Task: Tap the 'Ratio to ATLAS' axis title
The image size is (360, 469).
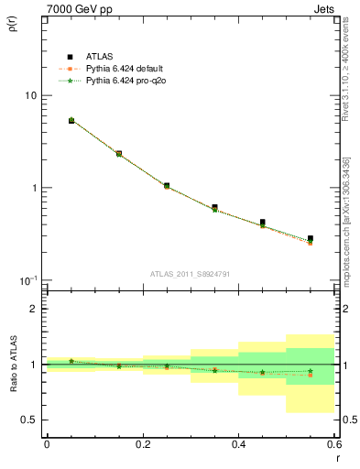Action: pyautogui.click(x=12, y=364)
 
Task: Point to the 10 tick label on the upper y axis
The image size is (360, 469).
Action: pyautogui.click(x=30, y=96)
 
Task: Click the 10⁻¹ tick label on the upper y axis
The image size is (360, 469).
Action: pyautogui.click(x=27, y=279)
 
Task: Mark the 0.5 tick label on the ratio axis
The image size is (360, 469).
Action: pyautogui.click(x=29, y=420)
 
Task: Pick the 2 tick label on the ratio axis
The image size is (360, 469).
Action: pyautogui.click(x=34, y=309)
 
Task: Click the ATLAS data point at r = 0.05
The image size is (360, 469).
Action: pyautogui.click(x=71, y=120)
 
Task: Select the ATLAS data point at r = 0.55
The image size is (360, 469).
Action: pyautogui.click(x=311, y=238)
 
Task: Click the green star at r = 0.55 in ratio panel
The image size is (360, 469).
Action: pyautogui.click(x=311, y=371)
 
